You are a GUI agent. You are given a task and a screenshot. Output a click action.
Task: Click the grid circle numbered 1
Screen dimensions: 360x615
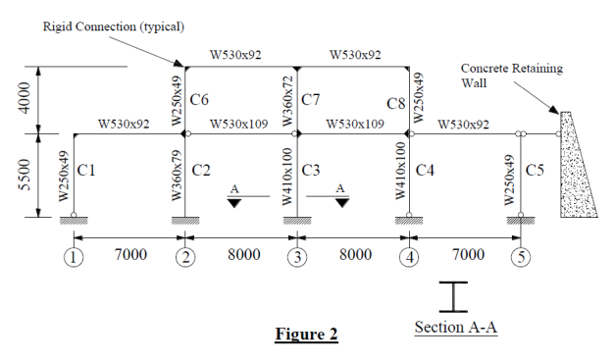74,259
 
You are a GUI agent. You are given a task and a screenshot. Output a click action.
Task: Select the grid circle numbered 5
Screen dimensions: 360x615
521,259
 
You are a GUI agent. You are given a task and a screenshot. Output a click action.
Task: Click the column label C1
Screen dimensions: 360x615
86,170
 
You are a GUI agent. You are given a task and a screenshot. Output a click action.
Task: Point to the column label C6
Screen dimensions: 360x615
200,99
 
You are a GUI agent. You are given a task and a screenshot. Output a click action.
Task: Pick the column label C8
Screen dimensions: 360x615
395,103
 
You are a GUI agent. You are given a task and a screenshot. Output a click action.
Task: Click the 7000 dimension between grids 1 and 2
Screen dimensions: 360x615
129,255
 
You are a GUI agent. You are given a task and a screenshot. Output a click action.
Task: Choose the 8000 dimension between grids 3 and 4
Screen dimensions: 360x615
355,255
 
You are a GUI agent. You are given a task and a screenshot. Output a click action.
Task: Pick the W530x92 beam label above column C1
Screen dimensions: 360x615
124,125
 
